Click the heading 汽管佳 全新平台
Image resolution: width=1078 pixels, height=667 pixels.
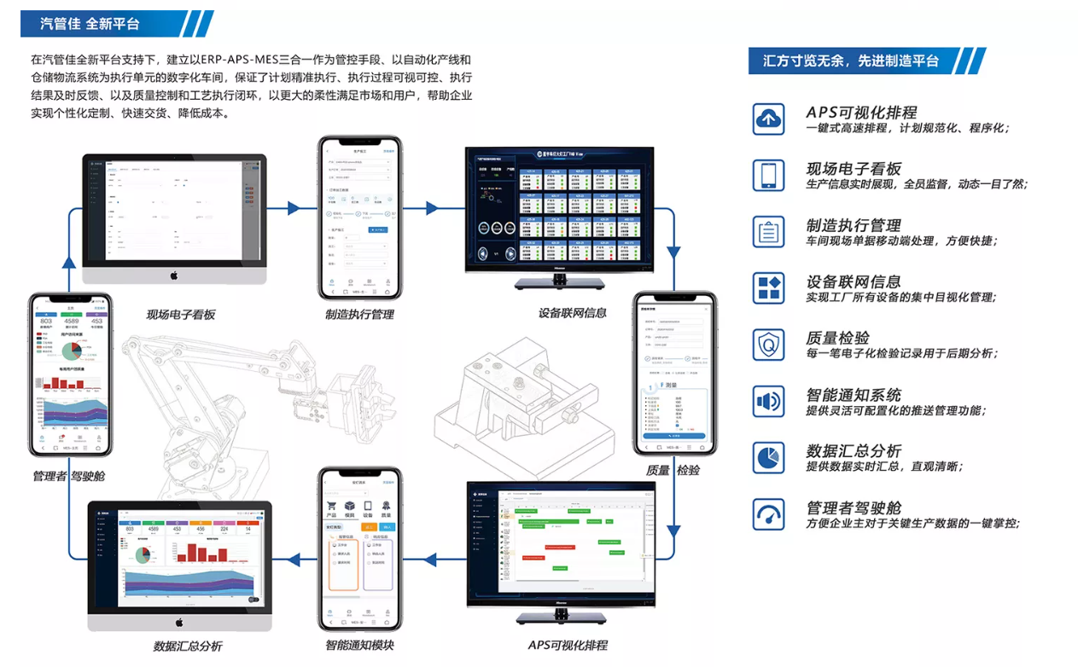(x=90, y=24)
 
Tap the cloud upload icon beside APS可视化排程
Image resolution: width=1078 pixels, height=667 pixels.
(x=768, y=119)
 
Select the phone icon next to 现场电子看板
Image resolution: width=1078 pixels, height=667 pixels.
(x=768, y=175)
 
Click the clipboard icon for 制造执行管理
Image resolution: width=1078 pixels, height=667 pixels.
(x=768, y=231)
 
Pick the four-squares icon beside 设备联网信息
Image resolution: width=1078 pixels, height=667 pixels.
(x=768, y=287)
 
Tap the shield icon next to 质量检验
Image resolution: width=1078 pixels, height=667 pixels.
(x=768, y=345)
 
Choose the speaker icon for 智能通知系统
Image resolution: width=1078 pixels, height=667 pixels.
(x=768, y=401)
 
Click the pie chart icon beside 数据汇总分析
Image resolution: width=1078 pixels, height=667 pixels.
(x=768, y=457)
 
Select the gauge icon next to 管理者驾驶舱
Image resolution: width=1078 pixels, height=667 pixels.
(x=768, y=514)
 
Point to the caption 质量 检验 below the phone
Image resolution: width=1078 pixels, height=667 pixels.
(x=673, y=470)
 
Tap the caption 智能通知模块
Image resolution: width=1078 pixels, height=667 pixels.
(x=359, y=645)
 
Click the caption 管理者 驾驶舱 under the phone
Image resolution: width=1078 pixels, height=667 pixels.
(x=70, y=476)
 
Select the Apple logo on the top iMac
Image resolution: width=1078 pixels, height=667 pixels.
(x=173, y=275)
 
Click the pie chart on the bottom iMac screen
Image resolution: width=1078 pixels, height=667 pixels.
(x=142, y=556)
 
